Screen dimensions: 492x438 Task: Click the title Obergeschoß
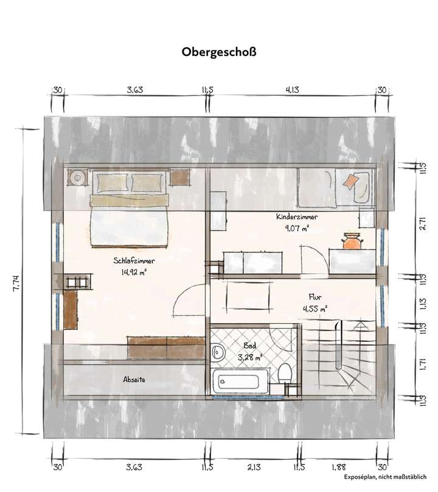pyautogui.click(x=219, y=52)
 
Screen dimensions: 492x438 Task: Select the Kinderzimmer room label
pyautogui.click(x=296, y=217)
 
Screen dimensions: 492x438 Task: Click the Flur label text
pyautogui.click(x=315, y=297)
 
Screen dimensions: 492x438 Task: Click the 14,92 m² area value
pyautogui.click(x=134, y=272)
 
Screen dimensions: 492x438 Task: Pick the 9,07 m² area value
pyautogui.click(x=296, y=228)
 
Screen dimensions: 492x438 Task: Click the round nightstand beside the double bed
pyautogui.click(x=77, y=178)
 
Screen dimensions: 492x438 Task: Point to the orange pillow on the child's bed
pyautogui.click(x=351, y=181)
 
